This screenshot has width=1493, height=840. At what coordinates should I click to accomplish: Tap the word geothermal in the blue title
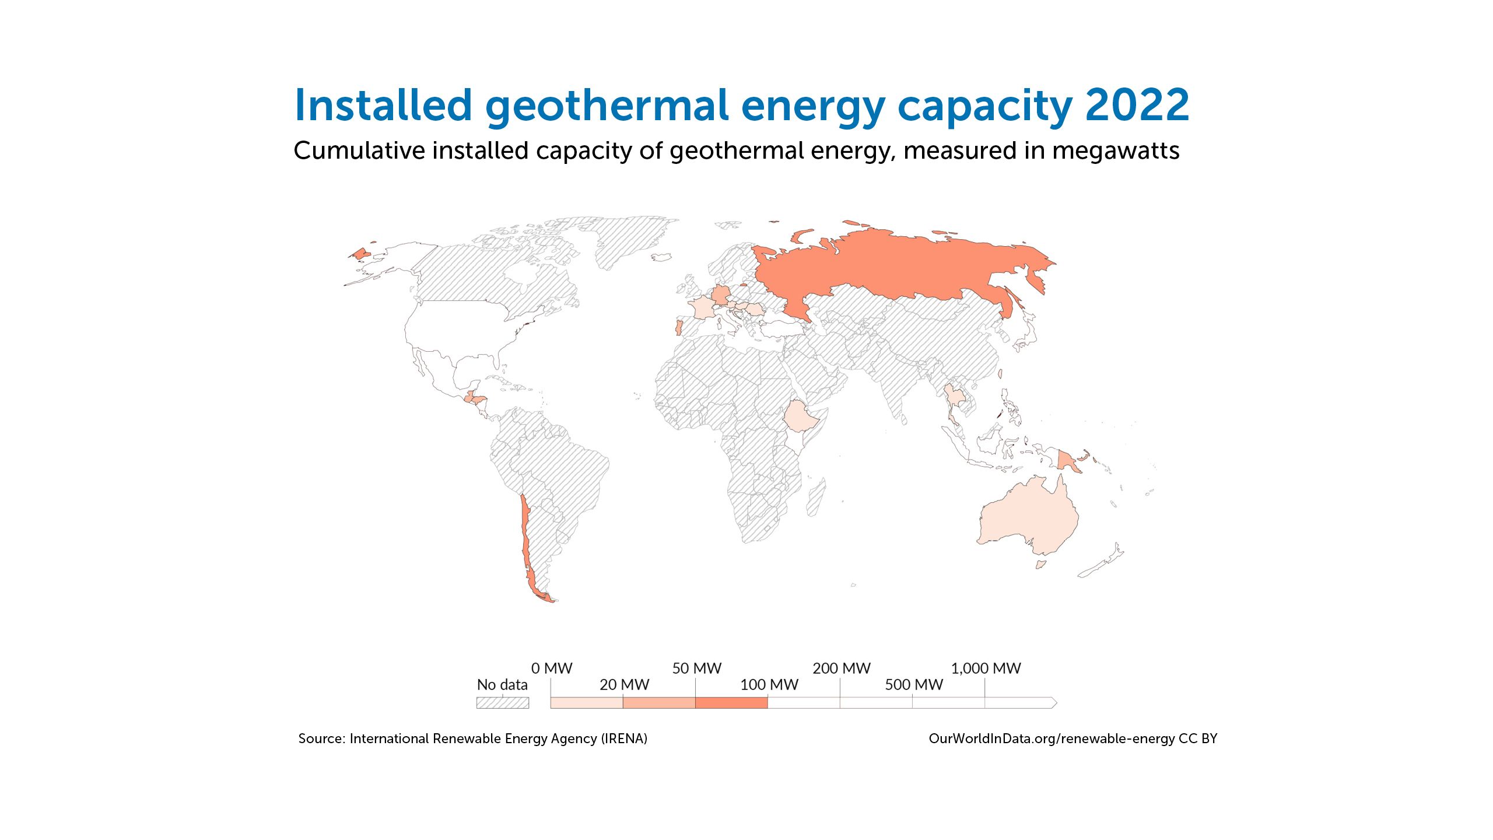pos(607,107)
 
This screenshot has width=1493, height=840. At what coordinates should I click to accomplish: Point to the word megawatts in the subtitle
pos(1116,150)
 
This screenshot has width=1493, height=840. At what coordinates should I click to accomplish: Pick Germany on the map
pos(721,295)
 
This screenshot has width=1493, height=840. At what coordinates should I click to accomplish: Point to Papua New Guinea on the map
pos(1067,461)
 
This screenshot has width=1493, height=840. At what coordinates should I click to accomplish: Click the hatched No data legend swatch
pos(503,702)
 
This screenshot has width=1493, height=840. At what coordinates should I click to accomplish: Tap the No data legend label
pos(502,685)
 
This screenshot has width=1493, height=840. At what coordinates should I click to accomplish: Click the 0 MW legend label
pos(552,668)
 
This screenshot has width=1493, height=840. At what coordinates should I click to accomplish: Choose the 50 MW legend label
pos(697,668)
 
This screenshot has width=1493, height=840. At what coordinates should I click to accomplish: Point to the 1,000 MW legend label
pos(986,668)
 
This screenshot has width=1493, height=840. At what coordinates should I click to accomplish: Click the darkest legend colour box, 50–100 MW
pos(731,702)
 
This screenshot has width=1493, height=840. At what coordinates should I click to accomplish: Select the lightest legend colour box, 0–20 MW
pos(587,702)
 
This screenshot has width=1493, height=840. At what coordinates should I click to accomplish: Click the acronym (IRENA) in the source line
pos(625,739)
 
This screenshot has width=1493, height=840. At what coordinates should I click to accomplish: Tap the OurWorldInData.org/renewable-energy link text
pos(1052,739)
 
